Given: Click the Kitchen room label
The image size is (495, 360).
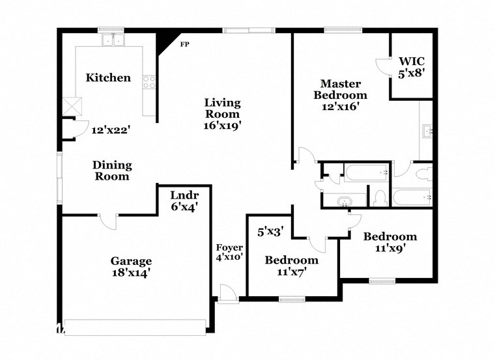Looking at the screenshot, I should coord(108,77).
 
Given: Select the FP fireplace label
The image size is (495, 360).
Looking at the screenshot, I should coord(184,46).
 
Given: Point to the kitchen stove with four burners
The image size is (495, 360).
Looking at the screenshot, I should coord(150,83).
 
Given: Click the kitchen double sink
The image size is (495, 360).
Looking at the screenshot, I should coord(113,40).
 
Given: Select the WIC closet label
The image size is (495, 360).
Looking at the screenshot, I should coord(411,61).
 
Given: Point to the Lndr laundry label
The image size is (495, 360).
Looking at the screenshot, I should coord(184,195).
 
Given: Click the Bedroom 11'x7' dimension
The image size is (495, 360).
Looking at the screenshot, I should coord(291,272).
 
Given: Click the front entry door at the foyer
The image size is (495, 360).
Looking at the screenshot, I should coord(228,294).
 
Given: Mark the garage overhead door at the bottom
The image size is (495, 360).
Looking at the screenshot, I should coord(137,327).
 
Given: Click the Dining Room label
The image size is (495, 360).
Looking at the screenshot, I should coord(111,171).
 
